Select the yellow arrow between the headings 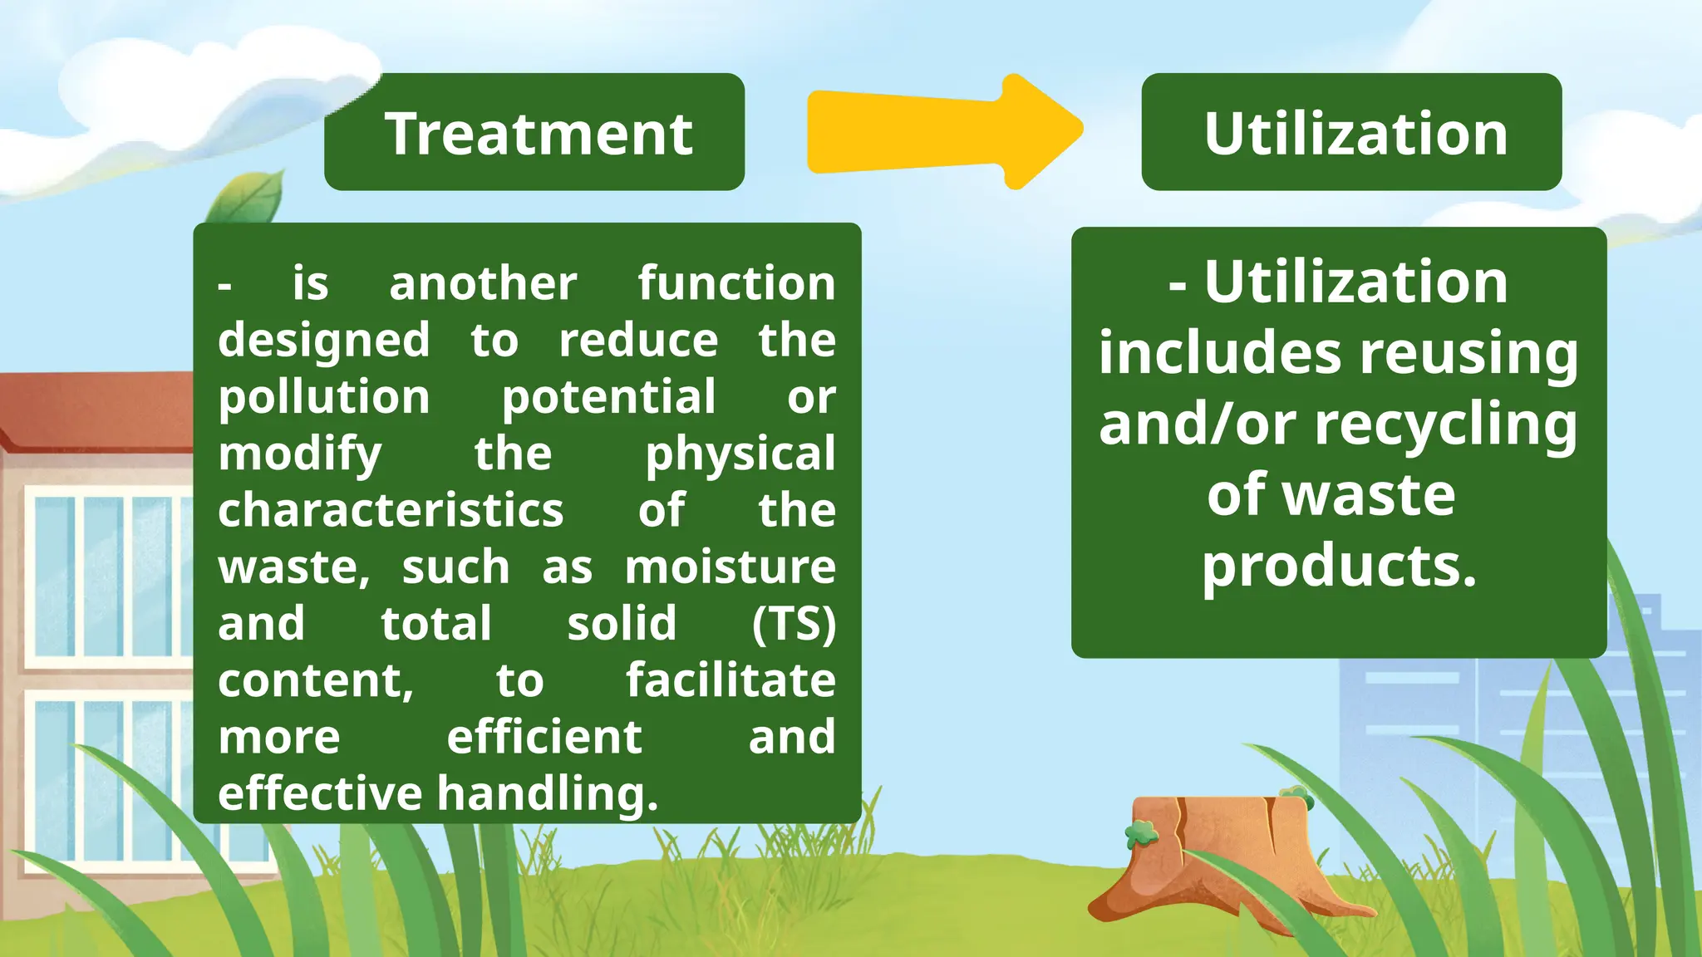coord(943,131)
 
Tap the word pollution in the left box coord(324,397)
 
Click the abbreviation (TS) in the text coord(793,624)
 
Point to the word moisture coord(730,567)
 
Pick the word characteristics coord(391,510)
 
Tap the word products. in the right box coord(1339,567)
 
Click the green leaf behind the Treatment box coord(249,198)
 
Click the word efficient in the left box coord(544,737)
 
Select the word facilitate coord(730,680)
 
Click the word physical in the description coord(740,454)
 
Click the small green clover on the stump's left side coord(1142,832)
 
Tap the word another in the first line coord(483,284)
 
